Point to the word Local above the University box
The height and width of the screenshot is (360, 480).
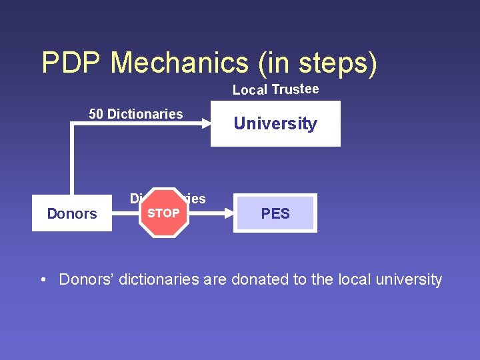tap(250, 90)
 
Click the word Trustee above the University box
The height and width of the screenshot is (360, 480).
tap(295, 89)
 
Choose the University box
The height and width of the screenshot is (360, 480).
tap(275, 123)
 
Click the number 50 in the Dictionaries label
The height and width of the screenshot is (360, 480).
tap(96, 114)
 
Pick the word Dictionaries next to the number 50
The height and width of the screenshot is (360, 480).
tap(145, 114)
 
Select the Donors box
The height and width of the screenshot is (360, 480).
tap(72, 213)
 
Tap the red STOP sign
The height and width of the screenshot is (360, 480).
tap(163, 213)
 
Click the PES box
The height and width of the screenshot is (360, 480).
tap(275, 213)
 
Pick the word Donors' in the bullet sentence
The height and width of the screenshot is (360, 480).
tap(84, 279)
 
